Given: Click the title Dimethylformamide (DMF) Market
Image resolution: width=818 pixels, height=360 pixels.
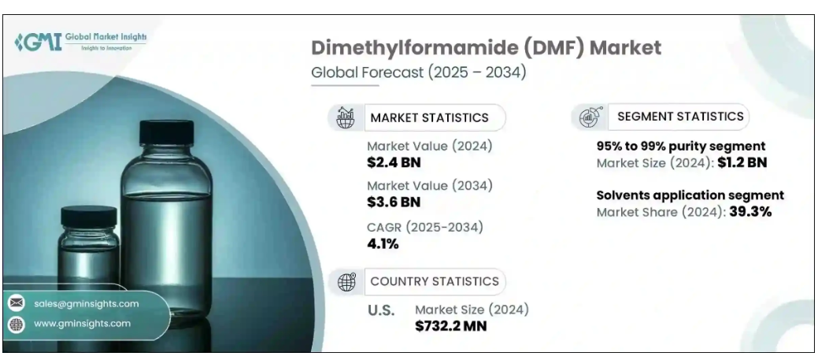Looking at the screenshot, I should pyautogui.click(x=487, y=47).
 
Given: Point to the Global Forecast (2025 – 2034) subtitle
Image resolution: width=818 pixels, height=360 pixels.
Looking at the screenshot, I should pyautogui.click(x=418, y=72).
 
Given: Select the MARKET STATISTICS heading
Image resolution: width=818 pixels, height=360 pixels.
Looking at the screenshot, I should pyautogui.click(x=429, y=118).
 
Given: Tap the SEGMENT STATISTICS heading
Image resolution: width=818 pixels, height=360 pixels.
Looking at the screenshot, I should pyautogui.click(x=680, y=117).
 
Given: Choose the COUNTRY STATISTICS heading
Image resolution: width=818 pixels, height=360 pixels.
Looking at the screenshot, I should pyautogui.click(x=434, y=281).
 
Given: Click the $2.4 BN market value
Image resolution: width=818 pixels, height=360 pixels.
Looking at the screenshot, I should pyautogui.click(x=394, y=162).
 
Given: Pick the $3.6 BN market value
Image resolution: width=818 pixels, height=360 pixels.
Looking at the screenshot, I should pyautogui.click(x=394, y=202).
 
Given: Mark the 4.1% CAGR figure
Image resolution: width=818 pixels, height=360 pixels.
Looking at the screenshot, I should pyautogui.click(x=383, y=243).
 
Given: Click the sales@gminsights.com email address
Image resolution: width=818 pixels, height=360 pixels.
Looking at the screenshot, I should pyautogui.click(x=87, y=303).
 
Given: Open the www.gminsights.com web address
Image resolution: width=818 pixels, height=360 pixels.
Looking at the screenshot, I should pyautogui.click(x=82, y=324).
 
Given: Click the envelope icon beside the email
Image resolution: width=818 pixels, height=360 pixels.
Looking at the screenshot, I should pyautogui.click(x=17, y=303).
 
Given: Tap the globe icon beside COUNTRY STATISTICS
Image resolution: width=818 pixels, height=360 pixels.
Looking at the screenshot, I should pyautogui.click(x=345, y=281).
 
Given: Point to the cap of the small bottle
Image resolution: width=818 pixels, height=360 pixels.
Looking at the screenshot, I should pyautogui.click(x=88, y=216).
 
